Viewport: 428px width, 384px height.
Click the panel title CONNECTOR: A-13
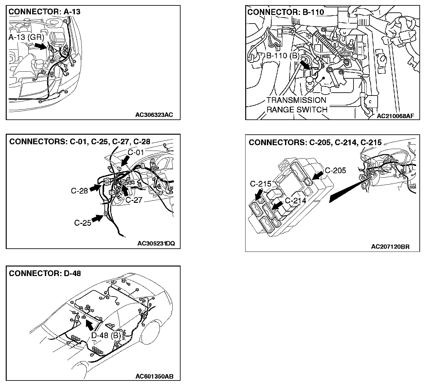[x=44, y=12]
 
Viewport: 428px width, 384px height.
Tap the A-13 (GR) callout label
[x=26, y=37]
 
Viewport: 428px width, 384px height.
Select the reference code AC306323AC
[x=154, y=115]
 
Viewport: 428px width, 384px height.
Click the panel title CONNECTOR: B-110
[x=285, y=12]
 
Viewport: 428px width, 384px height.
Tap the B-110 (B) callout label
[x=282, y=56]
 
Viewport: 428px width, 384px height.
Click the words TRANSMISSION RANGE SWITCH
[x=297, y=105]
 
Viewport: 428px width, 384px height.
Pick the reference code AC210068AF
[x=395, y=116]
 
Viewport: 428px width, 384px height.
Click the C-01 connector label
[x=136, y=152]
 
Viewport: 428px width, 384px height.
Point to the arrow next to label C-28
[x=95, y=188]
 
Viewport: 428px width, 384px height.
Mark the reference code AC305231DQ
[x=156, y=244]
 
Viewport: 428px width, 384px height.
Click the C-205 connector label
[x=335, y=170]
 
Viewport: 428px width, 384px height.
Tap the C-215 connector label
[x=260, y=184]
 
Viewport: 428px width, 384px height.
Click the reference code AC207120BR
[x=390, y=246]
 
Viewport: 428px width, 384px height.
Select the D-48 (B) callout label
[x=106, y=335]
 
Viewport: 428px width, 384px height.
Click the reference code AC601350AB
[x=154, y=376]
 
